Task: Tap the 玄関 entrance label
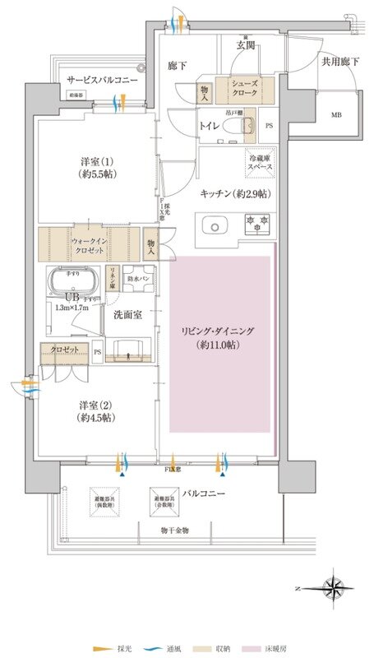pyautogui.click(x=245, y=44)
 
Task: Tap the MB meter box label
pyautogui.click(x=338, y=115)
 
